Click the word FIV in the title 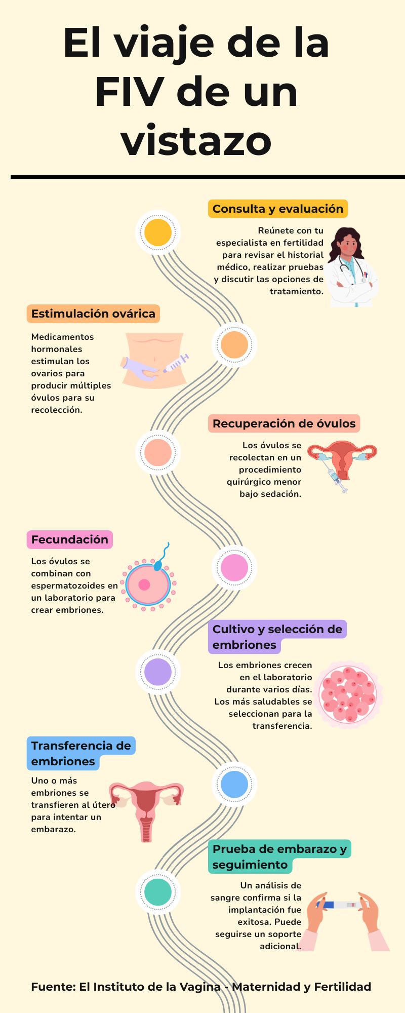pyautogui.click(x=129, y=93)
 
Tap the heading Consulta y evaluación pyautogui.click(x=277, y=209)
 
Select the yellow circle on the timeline pyautogui.click(x=158, y=232)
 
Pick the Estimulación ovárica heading pyautogui.click(x=93, y=314)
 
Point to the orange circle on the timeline pyautogui.click(x=234, y=344)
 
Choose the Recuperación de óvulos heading pyautogui.click(x=284, y=423)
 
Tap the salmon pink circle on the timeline pyautogui.click(x=158, y=452)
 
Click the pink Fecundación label pyautogui.click(x=70, y=539)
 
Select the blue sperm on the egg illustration pyautogui.click(x=161, y=560)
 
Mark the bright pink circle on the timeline pyautogui.click(x=234, y=568)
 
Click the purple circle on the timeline pyautogui.click(x=158, y=672)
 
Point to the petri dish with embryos pyautogui.click(x=349, y=694)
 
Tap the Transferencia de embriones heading pyautogui.click(x=81, y=753)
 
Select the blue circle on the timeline pyautogui.click(x=234, y=784)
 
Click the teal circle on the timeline pyautogui.click(x=158, y=892)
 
